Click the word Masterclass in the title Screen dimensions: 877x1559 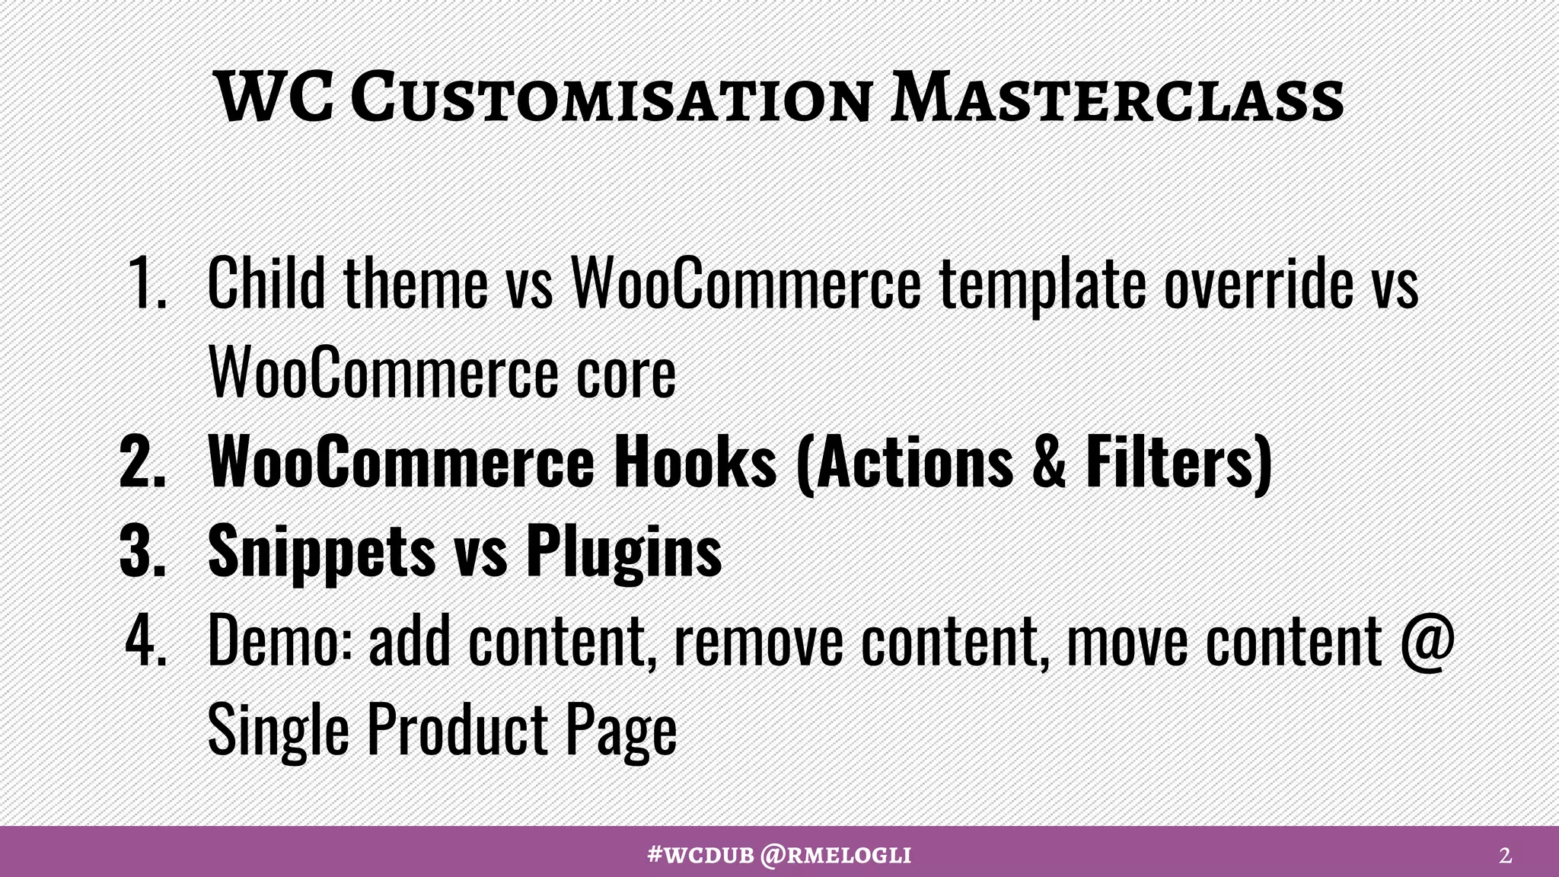click(1117, 99)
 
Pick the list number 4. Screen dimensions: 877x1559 click(146, 640)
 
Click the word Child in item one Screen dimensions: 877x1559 click(266, 283)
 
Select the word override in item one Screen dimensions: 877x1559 click(1258, 283)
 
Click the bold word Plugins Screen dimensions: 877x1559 click(623, 552)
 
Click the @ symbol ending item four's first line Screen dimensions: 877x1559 click(1427, 642)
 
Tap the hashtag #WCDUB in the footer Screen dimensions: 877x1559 click(700, 855)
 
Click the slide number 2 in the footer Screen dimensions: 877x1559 click(1505, 856)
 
